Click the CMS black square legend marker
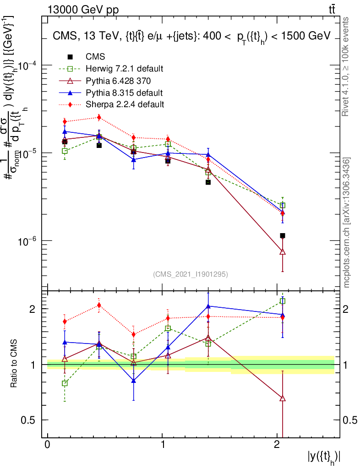70,57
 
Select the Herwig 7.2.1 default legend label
125,69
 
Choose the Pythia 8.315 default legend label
124,93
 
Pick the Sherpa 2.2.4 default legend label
125,104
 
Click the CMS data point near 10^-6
283,235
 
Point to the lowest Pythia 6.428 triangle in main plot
283,252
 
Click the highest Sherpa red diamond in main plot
99,118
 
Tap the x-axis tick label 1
163,445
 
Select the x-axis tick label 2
277,445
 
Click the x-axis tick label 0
48,445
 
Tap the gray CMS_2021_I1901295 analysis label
190,274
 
